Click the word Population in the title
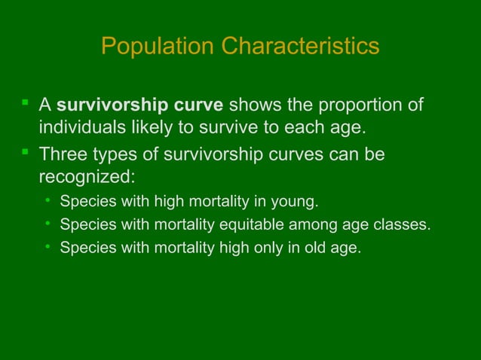click(158, 47)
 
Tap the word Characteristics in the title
click(301, 47)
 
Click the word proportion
click(359, 104)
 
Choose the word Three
click(63, 154)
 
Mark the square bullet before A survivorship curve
click(26, 101)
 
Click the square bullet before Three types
click(26, 151)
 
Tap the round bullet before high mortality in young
click(47, 201)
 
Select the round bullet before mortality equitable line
click(47, 224)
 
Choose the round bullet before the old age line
click(47, 246)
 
